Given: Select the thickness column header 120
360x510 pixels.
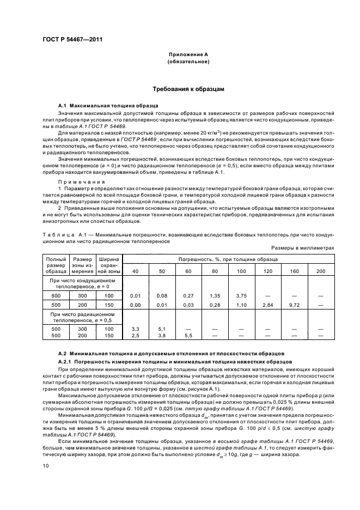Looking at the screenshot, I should [267, 271].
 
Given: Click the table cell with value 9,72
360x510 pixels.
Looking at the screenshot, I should [294, 305].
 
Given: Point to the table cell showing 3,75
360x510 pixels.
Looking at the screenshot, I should [241, 295].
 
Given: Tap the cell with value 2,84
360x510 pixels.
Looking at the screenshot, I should [267, 305].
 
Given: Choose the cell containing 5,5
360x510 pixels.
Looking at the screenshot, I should [188, 336].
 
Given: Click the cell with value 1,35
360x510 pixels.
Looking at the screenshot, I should [215, 295].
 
